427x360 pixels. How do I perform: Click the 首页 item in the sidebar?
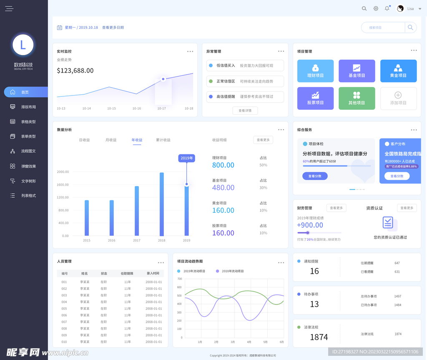[25, 92]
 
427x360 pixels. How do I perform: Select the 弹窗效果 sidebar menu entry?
[28, 166]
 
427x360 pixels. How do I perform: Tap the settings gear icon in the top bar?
[376, 8]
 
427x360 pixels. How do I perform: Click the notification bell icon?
[387, 8]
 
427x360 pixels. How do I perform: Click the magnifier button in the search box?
[410, 28]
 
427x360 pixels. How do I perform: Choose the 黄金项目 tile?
[398, 71]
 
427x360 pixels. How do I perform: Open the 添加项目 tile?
[398, 98]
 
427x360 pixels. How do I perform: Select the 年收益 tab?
[137, 140]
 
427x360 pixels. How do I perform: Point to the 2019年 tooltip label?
[186, 158]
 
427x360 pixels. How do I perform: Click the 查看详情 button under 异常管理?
[245, 111]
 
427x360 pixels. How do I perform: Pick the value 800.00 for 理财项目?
[223, 165]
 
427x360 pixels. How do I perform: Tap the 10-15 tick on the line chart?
[111, 108]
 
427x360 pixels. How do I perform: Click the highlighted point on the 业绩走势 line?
[163, 79]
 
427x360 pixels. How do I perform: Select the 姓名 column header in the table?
[85, 274]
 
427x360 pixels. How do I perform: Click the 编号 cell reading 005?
[64, 309]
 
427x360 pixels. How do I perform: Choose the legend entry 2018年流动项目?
[232, 271]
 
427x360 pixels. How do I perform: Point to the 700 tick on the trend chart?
[179, 279]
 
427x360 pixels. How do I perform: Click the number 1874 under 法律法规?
[319, 337]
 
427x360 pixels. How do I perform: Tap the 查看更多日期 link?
[113, 28]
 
